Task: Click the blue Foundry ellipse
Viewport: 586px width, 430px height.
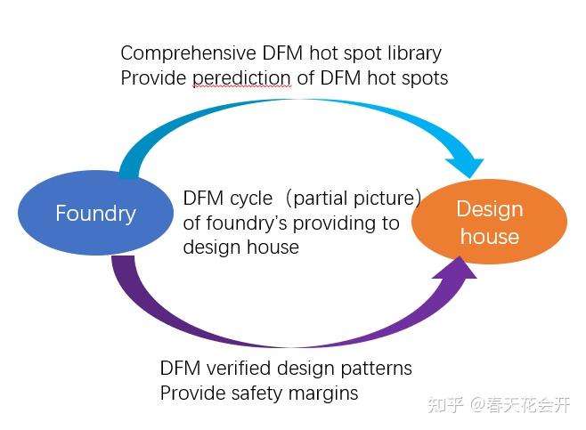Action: pos(95,213)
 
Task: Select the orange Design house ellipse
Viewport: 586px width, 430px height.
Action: pos(488,223)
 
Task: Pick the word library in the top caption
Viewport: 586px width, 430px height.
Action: pos(412,53)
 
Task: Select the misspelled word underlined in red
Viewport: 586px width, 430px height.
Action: pos(241,78)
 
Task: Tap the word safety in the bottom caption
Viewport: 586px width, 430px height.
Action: pos(254,393)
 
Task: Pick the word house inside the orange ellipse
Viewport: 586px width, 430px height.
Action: pos(489,237)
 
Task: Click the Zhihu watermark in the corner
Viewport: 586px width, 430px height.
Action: pos(498,405)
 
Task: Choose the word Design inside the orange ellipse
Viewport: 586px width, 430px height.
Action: pos(489,209)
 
